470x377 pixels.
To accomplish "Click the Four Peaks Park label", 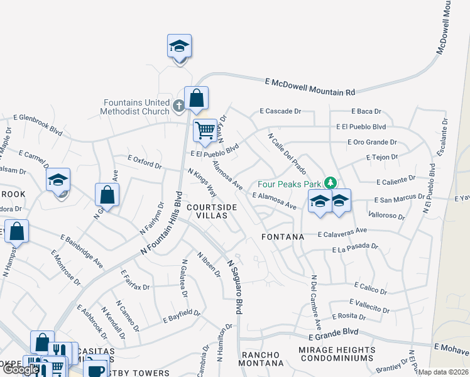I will coord(289,184).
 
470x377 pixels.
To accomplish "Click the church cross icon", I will coord(178,106).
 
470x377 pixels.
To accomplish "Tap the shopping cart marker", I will coord(205,131).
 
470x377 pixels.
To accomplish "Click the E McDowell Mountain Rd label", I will coord(310,87).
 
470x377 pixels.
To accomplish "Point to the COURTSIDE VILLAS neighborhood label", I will coord(212,212).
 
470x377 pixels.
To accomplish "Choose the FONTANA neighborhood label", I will coord(283,237).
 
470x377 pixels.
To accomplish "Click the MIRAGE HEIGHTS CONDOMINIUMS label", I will coord(338,354).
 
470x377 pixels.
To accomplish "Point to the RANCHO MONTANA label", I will coord(261,359).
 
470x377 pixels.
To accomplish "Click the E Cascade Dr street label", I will coord(280,111).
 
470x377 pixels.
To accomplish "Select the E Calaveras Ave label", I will coord(342,232).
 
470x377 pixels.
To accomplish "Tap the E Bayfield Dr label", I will coord(182,316).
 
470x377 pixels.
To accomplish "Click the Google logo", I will coord(21,369).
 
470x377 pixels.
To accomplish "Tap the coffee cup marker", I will coord(96,369).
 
